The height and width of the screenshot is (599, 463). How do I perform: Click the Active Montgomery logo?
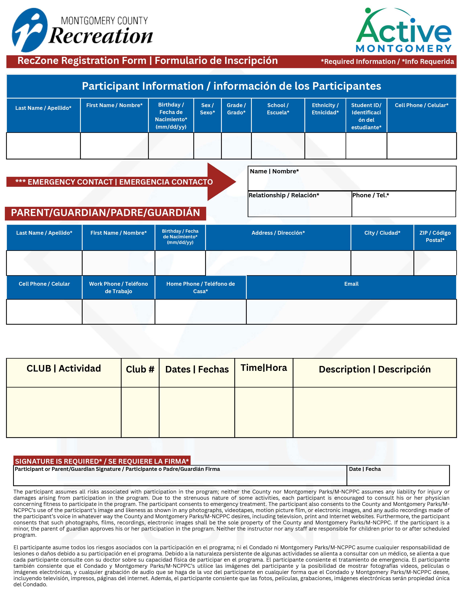pyautogui.click(x=403, y=30)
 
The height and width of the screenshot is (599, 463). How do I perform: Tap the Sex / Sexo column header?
pyautogui.click(x=207, y=109)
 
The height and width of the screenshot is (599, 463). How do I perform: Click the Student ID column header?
pyautogui.click(x=366, y=116)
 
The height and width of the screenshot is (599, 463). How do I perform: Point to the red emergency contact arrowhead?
pyautogui.click(x=221, y=182)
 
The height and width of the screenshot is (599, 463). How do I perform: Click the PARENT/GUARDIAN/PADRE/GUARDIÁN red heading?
pyautogui.click(x=106, y=213)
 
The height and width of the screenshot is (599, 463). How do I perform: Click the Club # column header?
pyautogui.click(x=140, y=369)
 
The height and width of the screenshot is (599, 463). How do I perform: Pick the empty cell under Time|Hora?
pyautogui.click(x=264, y=412)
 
